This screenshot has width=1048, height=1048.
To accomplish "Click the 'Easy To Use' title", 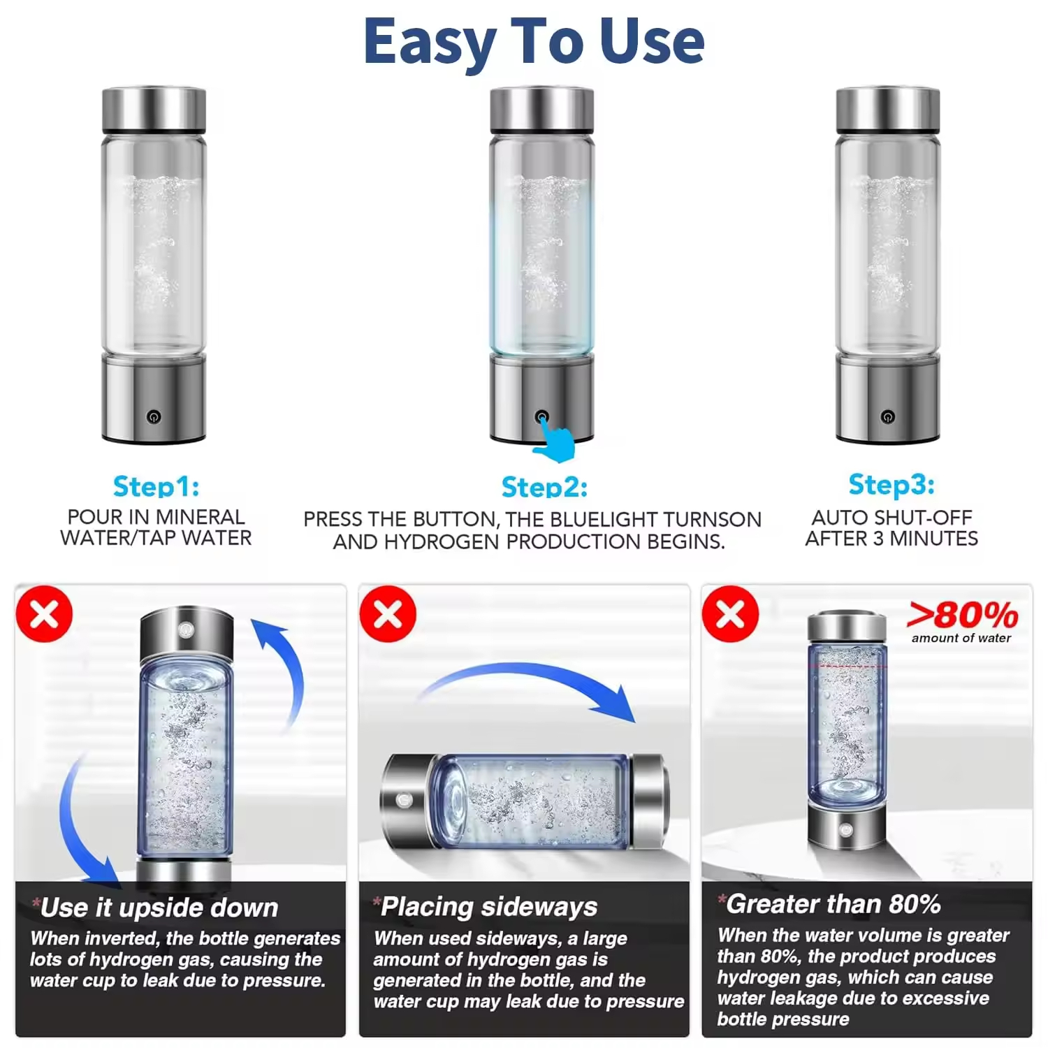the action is pos(534,42).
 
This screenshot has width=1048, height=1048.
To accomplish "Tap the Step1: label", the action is pos(156,486).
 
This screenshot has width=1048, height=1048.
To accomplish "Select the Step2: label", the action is pos(544,487).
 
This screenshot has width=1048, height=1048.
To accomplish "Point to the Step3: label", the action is pos(891,484).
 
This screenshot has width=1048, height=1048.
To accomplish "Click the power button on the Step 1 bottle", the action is pos(154,417).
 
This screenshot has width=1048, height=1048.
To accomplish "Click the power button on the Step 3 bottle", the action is pos(887,417).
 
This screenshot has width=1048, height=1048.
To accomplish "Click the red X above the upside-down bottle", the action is pos(44,614).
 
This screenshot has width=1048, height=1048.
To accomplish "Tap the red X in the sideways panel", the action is pos(388,614).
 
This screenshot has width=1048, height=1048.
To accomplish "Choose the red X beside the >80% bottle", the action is pos(731,614).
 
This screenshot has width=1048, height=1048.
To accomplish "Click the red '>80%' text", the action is pos(962,616).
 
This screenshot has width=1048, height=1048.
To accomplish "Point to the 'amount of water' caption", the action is pos(961,638).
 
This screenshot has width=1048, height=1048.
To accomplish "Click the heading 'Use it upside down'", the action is pos(155,908).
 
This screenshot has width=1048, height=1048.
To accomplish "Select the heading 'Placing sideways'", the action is pos(486,907).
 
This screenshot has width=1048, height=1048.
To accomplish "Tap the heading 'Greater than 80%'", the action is pos(829,904).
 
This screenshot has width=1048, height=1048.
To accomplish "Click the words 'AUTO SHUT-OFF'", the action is pos(891,518).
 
